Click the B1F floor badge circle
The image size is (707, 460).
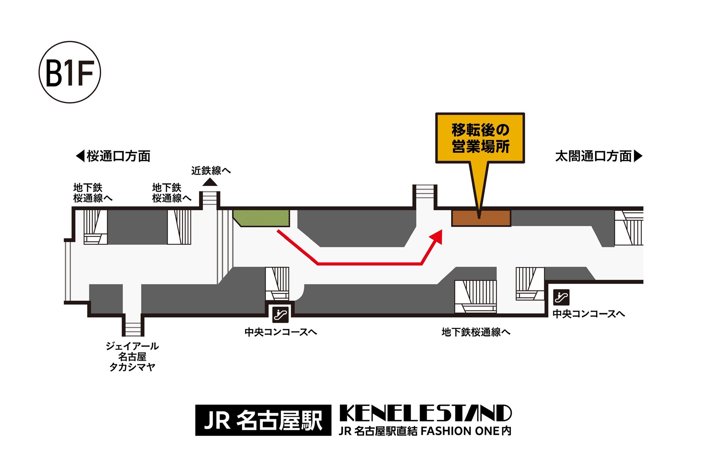[70, 72]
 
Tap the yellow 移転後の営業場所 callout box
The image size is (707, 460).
[480, 138]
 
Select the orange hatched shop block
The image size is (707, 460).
[481, 218]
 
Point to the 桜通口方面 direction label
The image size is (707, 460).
[118, 156]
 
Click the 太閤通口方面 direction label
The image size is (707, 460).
[593, 156]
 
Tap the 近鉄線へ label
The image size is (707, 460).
[211, 170]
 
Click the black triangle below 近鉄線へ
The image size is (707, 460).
[210, 182]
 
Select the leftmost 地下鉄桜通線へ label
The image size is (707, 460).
[93, 193]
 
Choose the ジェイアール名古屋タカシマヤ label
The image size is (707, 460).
[132, 356]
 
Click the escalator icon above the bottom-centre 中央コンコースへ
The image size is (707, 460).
[280, 314]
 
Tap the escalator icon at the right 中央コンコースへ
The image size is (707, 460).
[561, 297]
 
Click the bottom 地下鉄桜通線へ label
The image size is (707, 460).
[476, 332]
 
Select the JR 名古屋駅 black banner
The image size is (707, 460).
[263, 420]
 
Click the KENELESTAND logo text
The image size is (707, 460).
[425, 413]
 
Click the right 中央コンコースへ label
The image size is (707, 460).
[589, 314]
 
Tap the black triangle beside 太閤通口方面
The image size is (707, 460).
[638, 156]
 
